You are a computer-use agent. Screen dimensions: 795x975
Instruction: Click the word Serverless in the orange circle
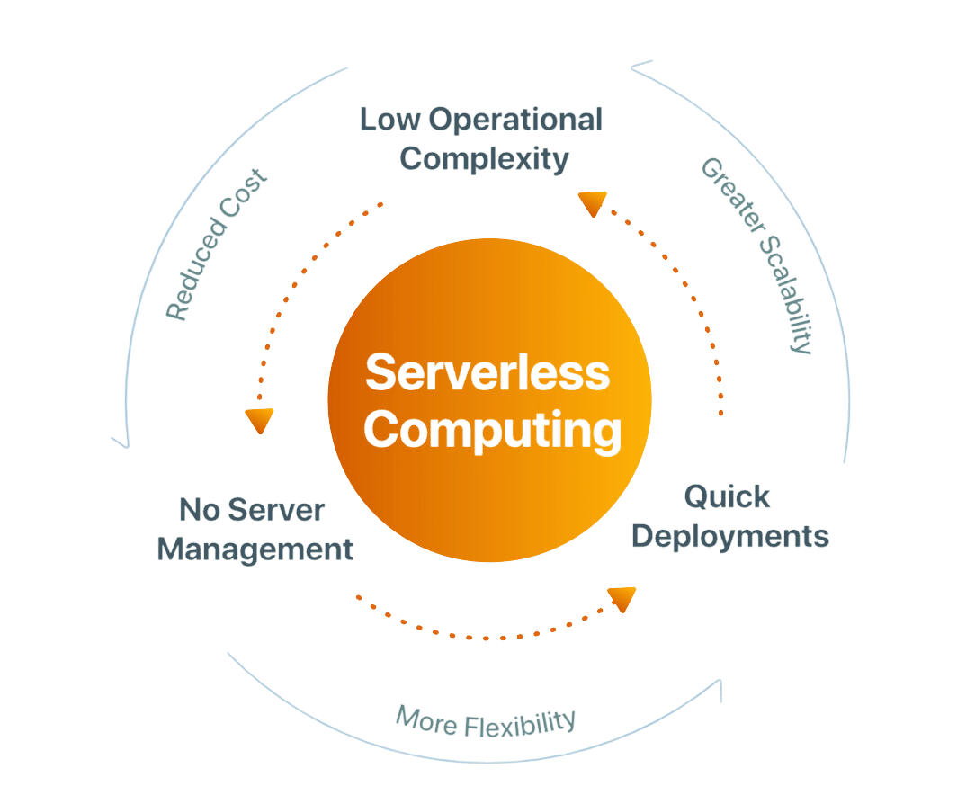point(487,373)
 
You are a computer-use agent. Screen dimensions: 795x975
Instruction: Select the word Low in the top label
point(390,119)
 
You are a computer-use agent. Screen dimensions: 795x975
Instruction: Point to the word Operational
point(515,119)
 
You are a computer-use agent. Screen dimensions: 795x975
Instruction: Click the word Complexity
point(485,159)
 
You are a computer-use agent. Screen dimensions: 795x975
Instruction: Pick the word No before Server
point(197,509)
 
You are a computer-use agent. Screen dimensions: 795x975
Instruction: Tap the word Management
point(255,549)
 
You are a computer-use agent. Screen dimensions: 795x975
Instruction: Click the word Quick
point(727,496)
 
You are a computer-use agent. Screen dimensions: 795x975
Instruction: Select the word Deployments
point(729,537)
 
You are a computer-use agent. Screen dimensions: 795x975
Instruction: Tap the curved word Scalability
point(783,292)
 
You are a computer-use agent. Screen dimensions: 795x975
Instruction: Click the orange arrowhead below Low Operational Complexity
point(591,204)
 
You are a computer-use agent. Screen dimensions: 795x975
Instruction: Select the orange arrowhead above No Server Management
point(259,421)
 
